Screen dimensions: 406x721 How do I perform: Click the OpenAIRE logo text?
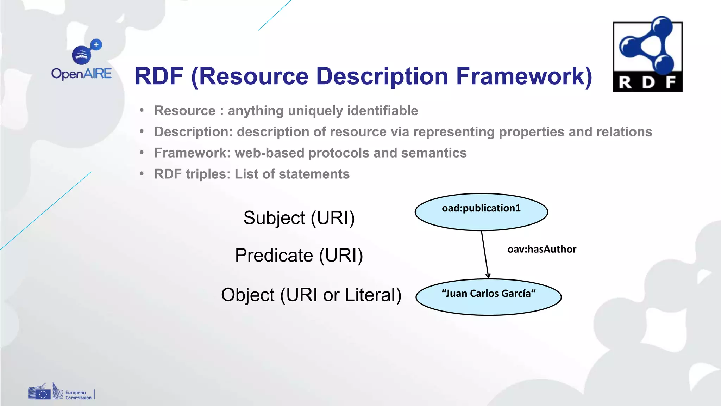click(x=81, y=74)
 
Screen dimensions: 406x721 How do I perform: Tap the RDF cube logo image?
click(x=647, y=55)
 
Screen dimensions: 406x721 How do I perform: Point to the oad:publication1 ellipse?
click(x=481, y=212)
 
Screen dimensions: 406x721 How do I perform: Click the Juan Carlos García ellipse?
click(x=488, y=297)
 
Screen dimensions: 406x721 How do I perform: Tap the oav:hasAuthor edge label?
click(x=542, y=250)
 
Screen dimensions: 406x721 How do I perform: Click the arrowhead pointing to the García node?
click(x=488, y=276)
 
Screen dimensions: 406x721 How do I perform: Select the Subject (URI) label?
click(x=299, y=218)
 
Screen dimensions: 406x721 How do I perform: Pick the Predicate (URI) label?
click(x=299, y=255)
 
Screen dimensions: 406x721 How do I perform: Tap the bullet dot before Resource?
click(x=142, y=111)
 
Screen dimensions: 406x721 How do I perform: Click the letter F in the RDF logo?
click(x=670, y=82)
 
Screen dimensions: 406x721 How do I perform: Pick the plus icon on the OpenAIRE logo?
click(x=96, y=44)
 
